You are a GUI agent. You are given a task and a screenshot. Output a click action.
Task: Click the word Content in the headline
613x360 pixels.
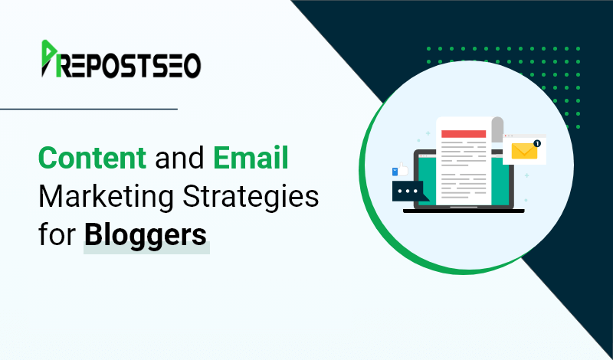[x=92, y=158]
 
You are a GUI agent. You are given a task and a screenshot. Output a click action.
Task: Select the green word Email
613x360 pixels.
[x=251, y=158]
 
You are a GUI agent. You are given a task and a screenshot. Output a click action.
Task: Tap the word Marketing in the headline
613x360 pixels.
[x=106, y=198]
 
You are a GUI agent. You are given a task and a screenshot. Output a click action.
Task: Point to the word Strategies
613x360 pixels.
[x=251, y=198]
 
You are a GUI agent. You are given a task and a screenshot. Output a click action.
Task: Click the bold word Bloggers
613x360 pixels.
[x=146, y=234]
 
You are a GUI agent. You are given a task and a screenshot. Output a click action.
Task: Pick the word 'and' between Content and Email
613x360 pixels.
[x=180, y=158]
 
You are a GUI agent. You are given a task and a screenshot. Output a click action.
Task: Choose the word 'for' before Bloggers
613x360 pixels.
[x=57, y=234]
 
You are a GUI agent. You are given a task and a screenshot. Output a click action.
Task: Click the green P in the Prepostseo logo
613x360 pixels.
[x=49, y=58]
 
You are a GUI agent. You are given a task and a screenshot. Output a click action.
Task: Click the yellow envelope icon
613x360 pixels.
[x=524, y=151]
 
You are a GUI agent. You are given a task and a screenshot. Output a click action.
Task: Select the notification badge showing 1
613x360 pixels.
[x=537, y=143]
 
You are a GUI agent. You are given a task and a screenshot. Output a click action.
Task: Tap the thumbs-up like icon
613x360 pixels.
[x=400, y=170]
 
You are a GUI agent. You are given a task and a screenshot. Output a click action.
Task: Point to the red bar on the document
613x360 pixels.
[x=464, y=134]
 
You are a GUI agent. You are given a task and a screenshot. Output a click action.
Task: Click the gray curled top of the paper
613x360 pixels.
[x=497, y=129]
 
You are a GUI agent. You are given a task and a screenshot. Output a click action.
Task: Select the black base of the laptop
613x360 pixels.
[x=464, y=211]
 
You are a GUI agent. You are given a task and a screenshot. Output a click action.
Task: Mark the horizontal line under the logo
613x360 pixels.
[x=89, y=109]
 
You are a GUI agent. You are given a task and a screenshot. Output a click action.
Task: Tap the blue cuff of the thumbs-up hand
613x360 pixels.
[x=395, y=172]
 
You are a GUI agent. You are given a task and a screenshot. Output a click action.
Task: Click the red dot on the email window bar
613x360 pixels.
[x=506, y=136]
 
